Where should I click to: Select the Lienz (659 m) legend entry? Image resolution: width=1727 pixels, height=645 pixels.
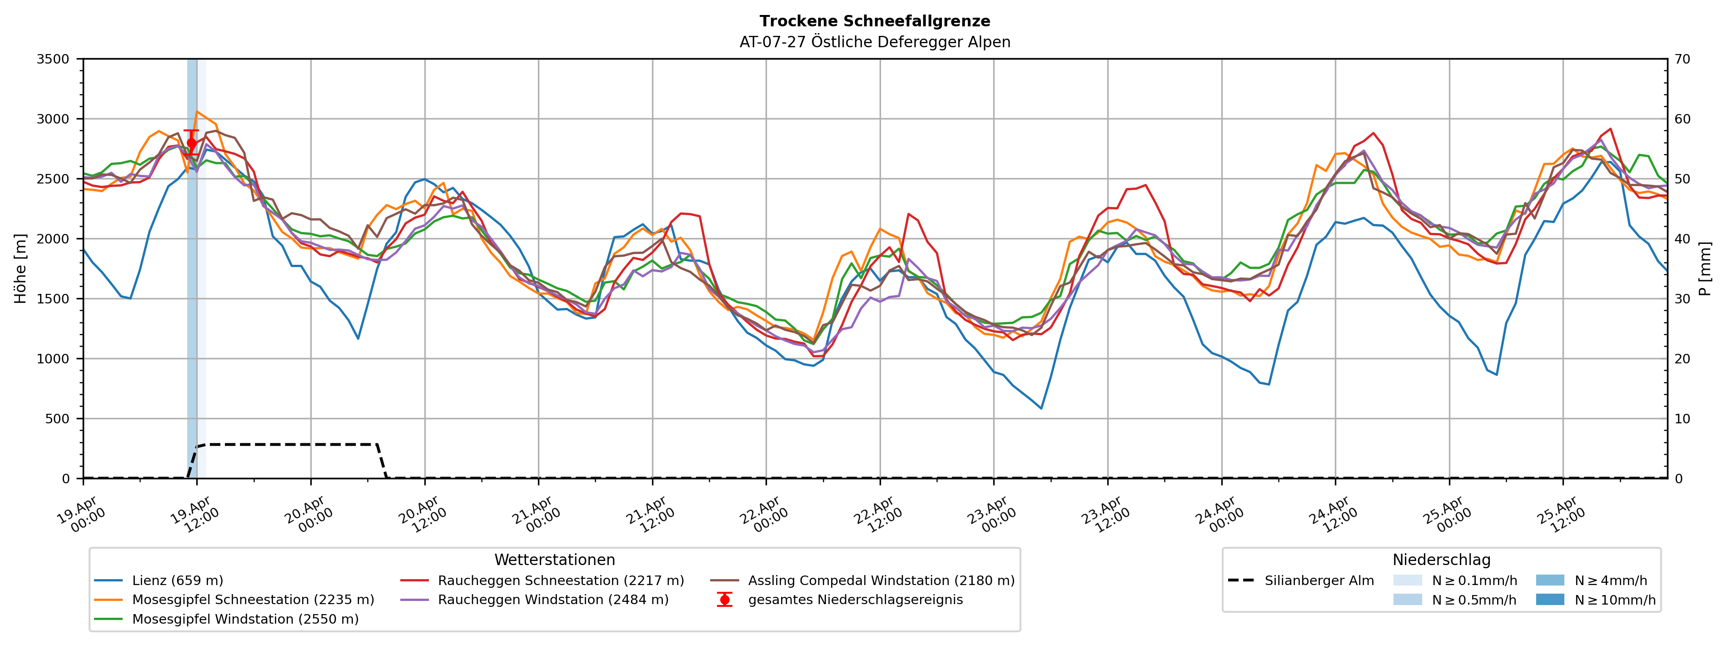177,580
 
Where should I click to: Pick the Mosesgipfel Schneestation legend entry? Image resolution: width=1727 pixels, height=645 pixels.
253,600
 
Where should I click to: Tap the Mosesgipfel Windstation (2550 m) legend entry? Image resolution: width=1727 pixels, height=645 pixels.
245,619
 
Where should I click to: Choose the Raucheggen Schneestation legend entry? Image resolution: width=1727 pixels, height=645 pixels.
561,580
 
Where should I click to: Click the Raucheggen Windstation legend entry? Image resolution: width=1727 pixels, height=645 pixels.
553,600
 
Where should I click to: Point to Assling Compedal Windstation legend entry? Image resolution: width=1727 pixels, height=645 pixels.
881,580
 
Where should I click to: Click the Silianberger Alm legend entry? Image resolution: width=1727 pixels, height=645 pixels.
1319,580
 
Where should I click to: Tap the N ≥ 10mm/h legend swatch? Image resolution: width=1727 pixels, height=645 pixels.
1549,600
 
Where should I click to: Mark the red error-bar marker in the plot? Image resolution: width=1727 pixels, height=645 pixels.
192,143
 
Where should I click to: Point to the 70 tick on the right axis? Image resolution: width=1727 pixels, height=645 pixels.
1683,59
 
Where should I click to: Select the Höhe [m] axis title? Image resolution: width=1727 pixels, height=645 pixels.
21,268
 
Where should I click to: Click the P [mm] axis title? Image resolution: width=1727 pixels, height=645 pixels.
1705,268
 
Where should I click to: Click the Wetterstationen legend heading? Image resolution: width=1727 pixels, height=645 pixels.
554,560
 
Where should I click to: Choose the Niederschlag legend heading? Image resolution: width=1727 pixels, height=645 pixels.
1441,560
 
